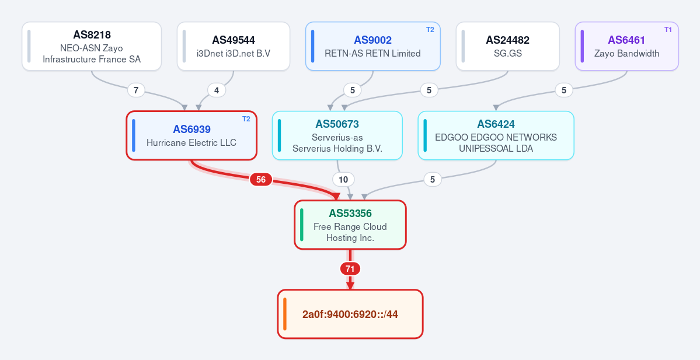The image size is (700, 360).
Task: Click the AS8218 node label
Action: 92,35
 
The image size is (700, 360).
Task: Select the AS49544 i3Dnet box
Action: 234,47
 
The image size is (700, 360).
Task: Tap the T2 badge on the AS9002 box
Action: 430,30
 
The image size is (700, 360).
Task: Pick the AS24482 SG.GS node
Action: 507,47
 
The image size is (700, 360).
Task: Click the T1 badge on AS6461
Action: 668,30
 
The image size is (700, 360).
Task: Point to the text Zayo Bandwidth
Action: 626,54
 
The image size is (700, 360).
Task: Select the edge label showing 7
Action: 136,90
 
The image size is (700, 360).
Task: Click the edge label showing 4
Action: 217,90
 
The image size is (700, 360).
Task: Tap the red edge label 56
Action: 261,180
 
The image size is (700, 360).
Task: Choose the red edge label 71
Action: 350,269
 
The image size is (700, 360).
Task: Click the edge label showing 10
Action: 343,180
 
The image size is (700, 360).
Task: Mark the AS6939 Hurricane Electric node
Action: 191,135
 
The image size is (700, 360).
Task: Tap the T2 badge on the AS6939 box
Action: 246,119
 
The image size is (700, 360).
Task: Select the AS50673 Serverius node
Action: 337,135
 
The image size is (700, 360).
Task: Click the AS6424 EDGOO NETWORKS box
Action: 496,135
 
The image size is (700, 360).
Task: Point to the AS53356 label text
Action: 350,213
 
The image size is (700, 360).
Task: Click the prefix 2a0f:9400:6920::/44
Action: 350,314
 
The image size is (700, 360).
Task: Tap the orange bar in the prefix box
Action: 285,314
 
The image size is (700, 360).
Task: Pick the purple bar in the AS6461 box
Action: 582,47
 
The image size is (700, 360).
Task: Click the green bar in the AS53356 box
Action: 302,225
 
